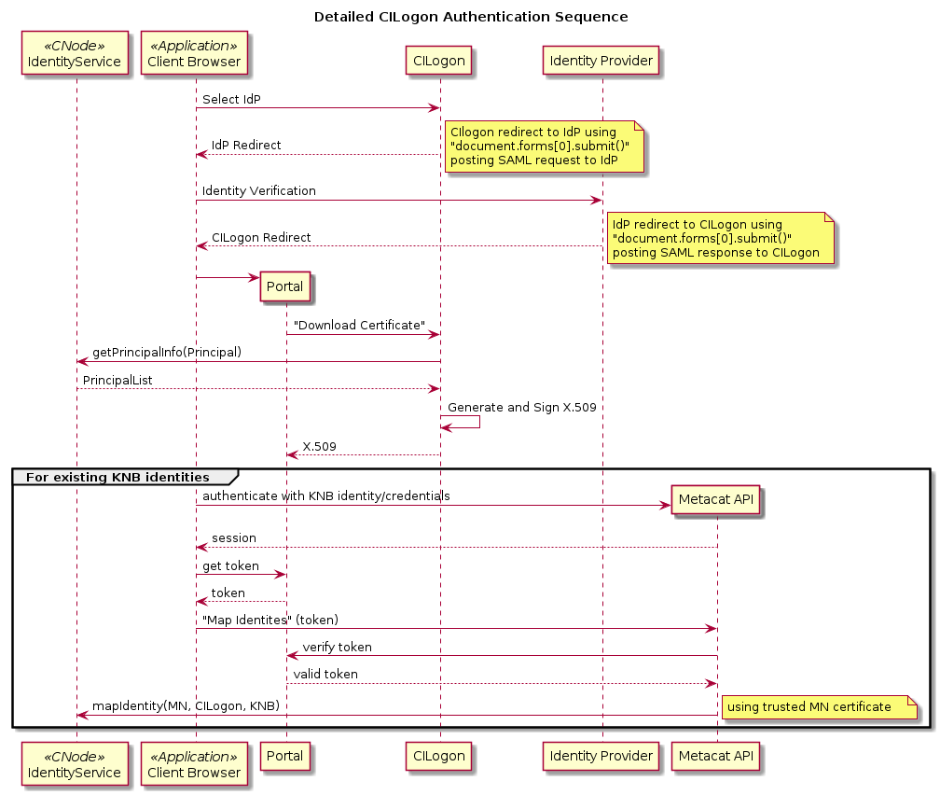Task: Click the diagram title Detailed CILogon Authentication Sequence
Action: coord(470,17)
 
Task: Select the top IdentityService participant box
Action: coord(76,54)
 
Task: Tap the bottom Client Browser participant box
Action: coord(194,764)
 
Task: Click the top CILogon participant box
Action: coord(440,62)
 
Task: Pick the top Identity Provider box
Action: coord(602,62)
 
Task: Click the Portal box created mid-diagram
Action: coord(285,286)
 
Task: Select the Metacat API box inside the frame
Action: coord(716,500)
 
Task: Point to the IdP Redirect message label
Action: coord(246,146)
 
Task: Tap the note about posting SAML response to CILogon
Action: coord(720,238)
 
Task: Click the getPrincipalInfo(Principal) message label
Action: coord(167,352)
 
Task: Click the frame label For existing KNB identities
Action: coord(117,477)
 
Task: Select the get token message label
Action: coord(230,565)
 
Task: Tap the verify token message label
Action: coord(337,647)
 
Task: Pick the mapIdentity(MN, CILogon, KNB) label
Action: coord(186,705)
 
